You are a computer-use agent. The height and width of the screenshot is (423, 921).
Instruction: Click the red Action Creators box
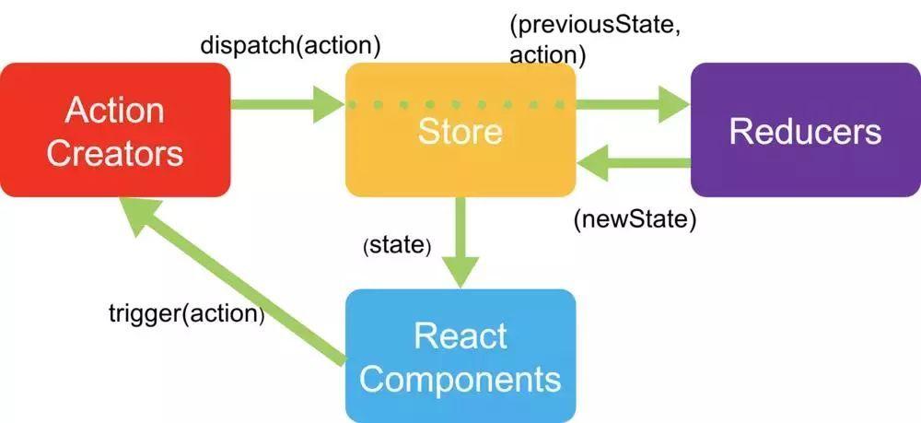tap(115, 130)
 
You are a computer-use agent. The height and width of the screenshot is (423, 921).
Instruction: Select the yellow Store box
tap(460, 147)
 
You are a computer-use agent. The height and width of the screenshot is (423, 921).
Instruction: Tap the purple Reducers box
tap(805, 130)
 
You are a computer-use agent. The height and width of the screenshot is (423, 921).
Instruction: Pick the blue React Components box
tap(460, 356)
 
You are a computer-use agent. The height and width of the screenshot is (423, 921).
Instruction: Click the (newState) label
tap(634, 221)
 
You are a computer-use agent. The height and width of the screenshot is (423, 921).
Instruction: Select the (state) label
tap(398, 246)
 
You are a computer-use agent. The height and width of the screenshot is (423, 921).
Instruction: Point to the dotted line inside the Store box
tap(460, 105)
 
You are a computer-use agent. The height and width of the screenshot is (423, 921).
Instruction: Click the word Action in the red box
tap(115, 111)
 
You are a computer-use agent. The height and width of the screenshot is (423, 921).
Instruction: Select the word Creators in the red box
tap(115, 152)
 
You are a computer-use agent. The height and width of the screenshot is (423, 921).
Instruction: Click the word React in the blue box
tap(460, 335)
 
